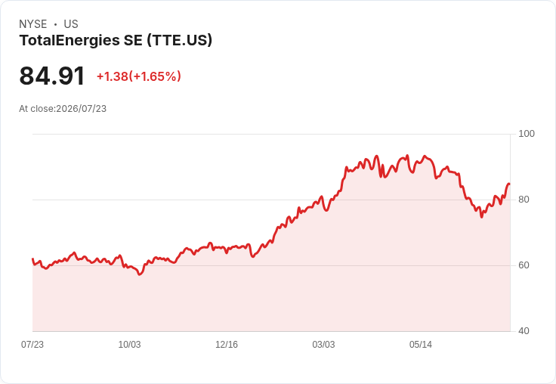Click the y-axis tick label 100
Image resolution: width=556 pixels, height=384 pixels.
tap(527, 134)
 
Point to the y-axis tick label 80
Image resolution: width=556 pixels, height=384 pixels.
tap(524, 200)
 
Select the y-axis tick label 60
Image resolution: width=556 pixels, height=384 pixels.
tap(524, 265)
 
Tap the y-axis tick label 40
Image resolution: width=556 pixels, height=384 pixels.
tap(524, 331)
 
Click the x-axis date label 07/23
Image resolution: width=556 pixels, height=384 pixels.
tap(32, 345)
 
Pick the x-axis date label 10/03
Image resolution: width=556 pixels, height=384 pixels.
tap(129, 345)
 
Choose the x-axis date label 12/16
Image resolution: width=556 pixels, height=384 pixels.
tap(227, 345)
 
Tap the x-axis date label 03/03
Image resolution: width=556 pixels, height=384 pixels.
tap(323, 345)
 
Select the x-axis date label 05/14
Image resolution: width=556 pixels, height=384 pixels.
tap(421, 345)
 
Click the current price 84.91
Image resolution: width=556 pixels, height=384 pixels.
tap(52, 76)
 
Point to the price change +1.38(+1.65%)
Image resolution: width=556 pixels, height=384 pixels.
tap(139, 76)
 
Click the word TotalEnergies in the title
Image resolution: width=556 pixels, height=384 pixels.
tap(69, 40)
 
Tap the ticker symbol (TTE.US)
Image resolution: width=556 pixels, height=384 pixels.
tap(179, 40)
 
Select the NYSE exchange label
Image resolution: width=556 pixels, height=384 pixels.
tap(33, 24)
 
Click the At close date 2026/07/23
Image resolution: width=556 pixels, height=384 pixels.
tap(81, 109)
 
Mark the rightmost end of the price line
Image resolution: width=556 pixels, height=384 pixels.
tap(510, 184)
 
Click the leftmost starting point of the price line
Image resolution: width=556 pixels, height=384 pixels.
tap(32, 259)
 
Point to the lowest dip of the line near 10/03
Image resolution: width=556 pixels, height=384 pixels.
tap(140, 274)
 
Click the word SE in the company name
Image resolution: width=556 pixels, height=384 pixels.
tap(133, 40)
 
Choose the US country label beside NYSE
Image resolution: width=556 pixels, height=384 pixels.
tap(71, 24)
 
